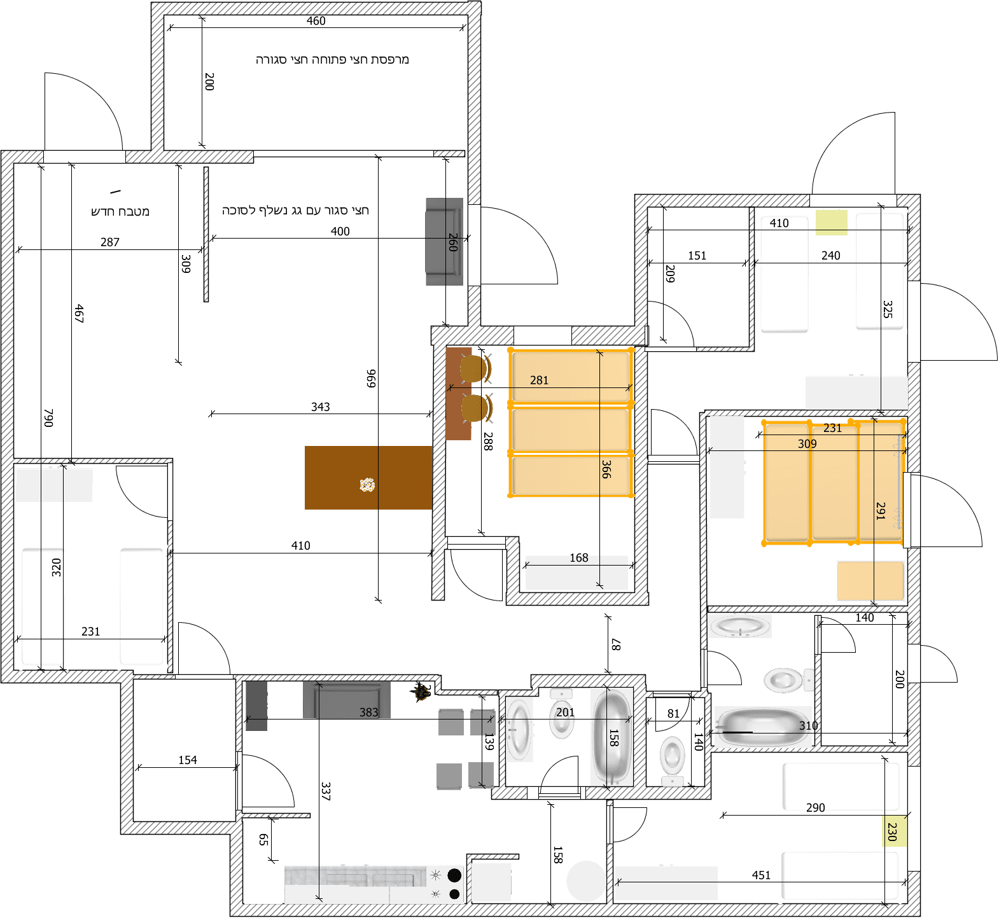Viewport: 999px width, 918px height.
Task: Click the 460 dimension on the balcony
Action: coord(316,21)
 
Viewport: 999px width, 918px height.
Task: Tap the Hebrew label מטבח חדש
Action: coord(120,211)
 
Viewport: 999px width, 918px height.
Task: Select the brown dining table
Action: coord(368,478)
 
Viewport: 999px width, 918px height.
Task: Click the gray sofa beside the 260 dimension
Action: coord(444,242)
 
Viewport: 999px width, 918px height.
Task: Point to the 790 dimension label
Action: coord(49,417)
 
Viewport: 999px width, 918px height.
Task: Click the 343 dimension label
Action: coord(320,407)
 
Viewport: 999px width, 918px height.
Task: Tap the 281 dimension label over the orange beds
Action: coord(539,380)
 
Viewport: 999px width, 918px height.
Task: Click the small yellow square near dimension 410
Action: coord(831,223)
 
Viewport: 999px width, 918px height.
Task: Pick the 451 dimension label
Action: coord(761,875)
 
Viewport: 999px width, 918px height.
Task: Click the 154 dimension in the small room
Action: coord(187,760)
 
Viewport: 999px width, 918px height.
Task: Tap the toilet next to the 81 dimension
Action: coord(672,757)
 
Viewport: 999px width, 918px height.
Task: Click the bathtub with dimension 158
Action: coord(611,738)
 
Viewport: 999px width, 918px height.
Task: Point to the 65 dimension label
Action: coord(263,840)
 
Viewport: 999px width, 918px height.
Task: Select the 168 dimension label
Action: coord(578,558)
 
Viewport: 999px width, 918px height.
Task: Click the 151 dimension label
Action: coord(697,256)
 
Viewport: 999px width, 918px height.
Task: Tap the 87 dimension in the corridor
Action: coord(616,644)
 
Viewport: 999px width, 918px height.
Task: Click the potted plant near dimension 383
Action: coord(420,692)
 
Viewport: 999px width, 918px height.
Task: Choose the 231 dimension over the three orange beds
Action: coord(832,428)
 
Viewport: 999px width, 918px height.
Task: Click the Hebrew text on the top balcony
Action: coord(332,60)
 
